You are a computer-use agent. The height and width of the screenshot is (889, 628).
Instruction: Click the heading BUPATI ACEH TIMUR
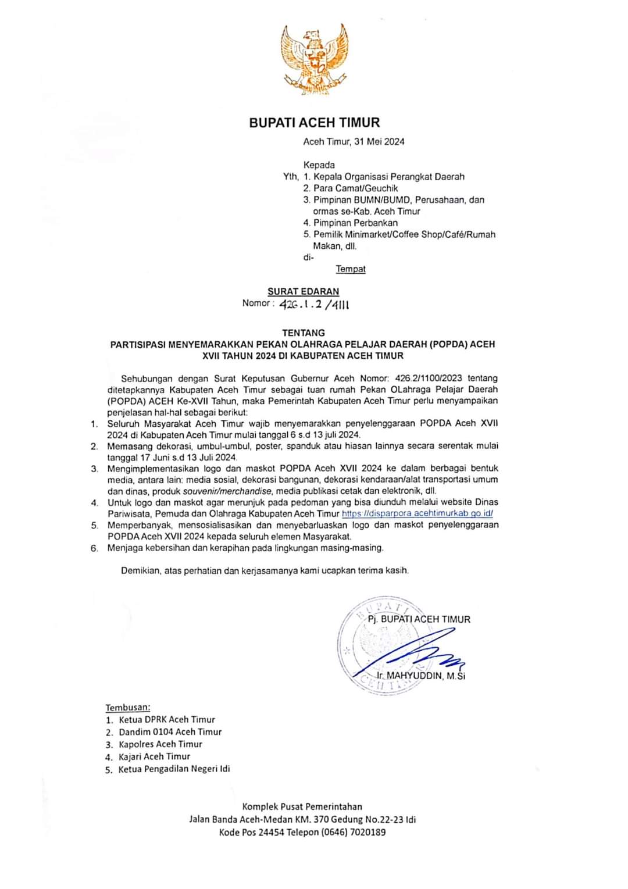(x=314, y=123)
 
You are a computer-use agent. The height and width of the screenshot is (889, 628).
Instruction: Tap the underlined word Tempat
(x=351, y=269)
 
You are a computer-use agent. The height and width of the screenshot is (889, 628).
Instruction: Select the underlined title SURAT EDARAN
(x=303, y=291)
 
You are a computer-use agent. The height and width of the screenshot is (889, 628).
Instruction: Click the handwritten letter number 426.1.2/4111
(x=314, y=304)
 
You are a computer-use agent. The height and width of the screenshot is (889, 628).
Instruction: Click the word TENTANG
(x=304, y=333)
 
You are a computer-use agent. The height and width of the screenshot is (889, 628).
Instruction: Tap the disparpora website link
(x=417, y=513)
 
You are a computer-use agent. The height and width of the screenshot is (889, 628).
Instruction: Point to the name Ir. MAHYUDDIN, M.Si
(x=421, y=676)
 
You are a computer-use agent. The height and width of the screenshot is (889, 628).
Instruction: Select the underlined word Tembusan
(x=127, y=708)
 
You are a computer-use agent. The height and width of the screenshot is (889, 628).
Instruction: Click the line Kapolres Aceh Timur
(x=160, y=744)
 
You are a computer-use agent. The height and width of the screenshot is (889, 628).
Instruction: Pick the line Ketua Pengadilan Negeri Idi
(x=174, y=769)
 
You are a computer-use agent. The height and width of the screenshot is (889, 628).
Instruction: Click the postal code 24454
(x=272, y=832)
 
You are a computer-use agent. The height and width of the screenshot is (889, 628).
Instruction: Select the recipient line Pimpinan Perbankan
(x=355, y=223)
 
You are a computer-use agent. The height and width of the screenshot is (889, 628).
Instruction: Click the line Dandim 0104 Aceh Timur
(x=170, y=732)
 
